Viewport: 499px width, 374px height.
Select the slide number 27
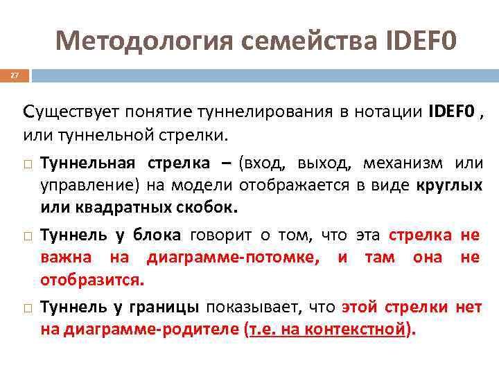click(14, 75)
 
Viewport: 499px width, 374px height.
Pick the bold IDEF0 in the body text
click(452, 111)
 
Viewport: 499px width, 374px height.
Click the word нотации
click(386, 111)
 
